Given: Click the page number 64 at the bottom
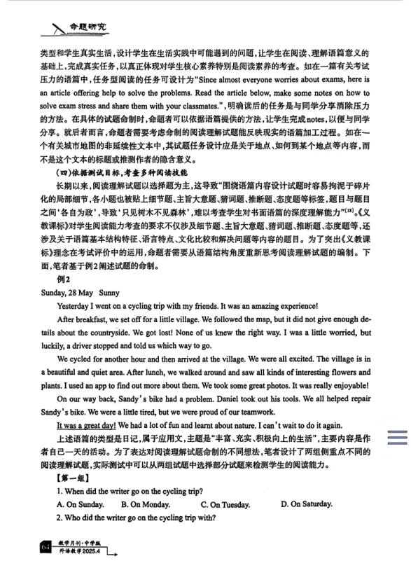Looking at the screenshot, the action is (46, 546).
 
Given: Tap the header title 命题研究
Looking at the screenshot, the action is (89, 28).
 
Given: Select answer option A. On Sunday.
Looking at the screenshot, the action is (81, 504).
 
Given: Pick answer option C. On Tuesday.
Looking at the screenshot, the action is (225, 504).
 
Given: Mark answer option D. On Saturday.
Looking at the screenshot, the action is (307, 504).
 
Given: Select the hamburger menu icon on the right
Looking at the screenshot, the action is (396, 437).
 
